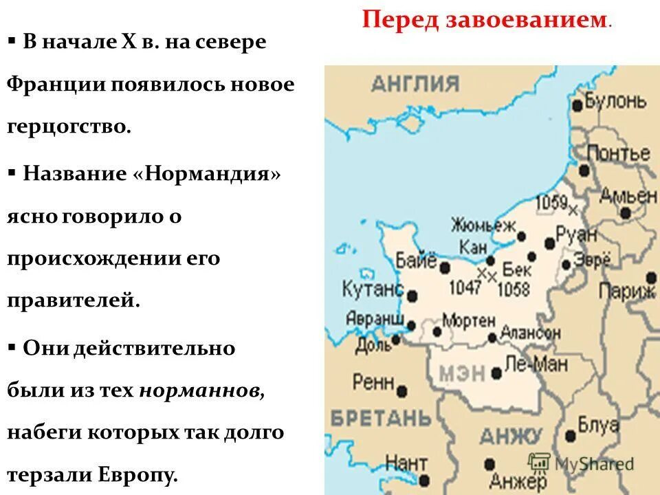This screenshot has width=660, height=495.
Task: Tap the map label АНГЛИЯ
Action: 415,84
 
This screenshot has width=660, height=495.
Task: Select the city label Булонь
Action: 616,102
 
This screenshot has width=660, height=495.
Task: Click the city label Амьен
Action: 628,195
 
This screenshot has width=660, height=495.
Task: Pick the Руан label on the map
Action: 575,234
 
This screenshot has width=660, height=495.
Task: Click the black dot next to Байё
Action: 445,267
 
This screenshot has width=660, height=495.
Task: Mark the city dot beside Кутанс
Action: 412,296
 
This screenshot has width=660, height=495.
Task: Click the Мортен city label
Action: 469,320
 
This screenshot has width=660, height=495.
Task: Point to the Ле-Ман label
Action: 536,364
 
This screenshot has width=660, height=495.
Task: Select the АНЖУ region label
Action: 510,436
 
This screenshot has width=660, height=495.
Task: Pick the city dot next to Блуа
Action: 570,435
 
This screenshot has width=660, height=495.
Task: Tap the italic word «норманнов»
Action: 201,390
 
